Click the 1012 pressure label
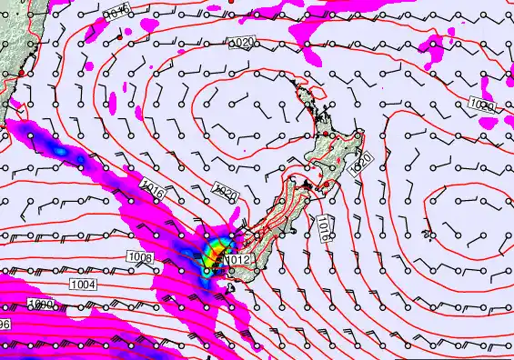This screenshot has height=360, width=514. [x=238, y=260]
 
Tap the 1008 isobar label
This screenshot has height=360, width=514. [x=141, y=258]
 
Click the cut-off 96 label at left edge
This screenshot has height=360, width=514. [x=5, y=325]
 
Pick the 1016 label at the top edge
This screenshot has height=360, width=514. [x=116, y=12]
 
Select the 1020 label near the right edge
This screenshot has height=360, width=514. [x=483, y=106]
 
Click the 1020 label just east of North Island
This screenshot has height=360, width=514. [x=361, y=164]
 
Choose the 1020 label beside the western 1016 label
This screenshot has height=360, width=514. [x=225, y=193]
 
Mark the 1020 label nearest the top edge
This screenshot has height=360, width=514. [x=243, y=43]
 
